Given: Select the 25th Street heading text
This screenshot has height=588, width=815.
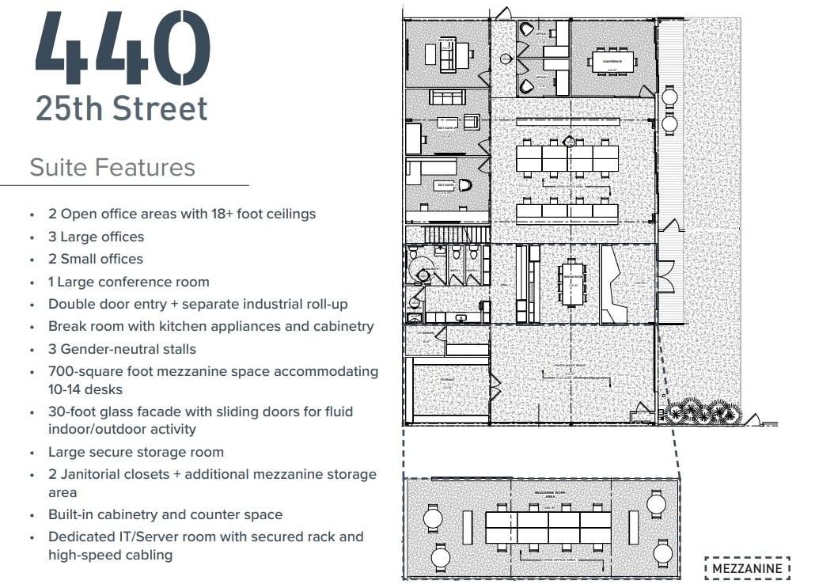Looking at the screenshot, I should coord(122,108).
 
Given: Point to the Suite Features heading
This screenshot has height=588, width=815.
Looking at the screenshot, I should coord(112,168).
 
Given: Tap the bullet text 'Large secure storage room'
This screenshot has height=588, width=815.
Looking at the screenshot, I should coord(136,452).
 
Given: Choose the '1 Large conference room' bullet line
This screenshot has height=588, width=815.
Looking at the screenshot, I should coord(129,282).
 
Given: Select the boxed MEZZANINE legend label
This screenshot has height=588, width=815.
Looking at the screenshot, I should coord(747,568).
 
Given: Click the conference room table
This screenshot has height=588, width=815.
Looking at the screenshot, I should coord(612,61).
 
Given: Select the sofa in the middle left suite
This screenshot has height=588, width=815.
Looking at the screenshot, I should coord(447,97).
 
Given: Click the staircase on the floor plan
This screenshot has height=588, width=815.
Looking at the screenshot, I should coord(448,233).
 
